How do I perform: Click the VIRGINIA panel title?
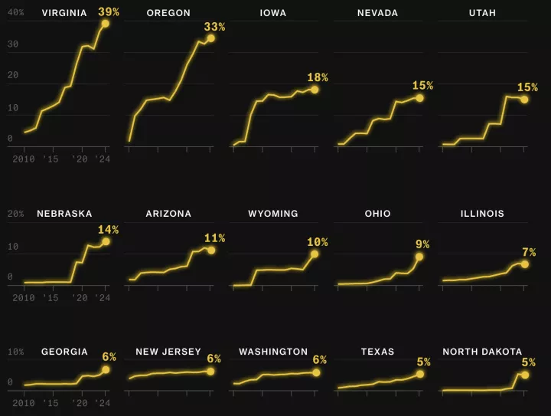coord(64,13)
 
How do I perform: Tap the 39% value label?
coord(109,11)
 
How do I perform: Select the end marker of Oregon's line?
coord(210,38)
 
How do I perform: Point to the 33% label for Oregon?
coord(214,27)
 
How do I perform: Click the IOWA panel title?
coord(273,13)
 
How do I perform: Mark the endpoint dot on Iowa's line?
coord(315,90)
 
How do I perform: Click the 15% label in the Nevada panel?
coord(422,86)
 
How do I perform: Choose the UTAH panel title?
coord(483,13)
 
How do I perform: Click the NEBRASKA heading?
coord(64,214)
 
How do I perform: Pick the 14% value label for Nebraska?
coord(109,229)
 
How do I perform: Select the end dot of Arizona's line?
coord(210,251)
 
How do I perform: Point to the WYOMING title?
coord(273,214)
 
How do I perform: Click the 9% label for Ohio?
coord(422,244)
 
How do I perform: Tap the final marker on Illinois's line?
coord(524,264)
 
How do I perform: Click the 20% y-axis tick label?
coord(16,214)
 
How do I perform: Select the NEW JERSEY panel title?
coord(168,352)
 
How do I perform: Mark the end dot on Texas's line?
coord(419,374)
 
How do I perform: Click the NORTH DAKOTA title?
coord(482,352)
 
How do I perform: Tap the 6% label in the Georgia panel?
coord(109,357)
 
